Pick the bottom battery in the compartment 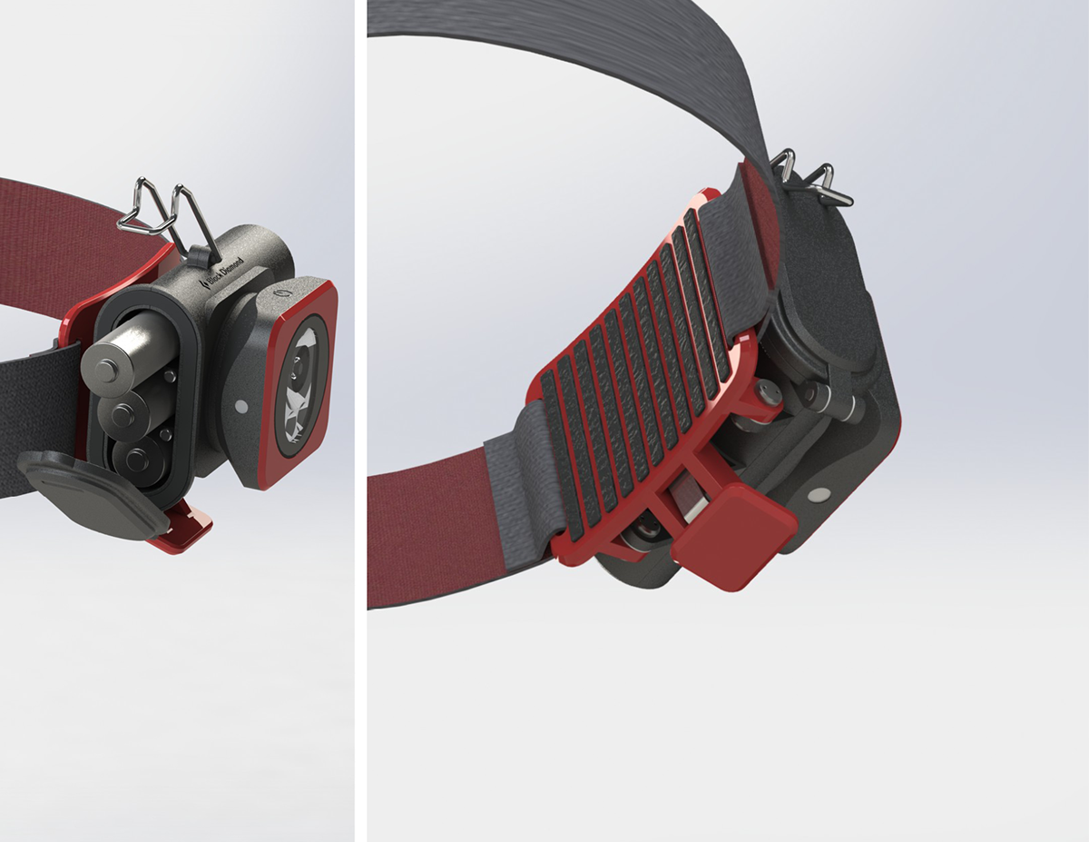coord(138,456)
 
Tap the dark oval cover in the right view coord(821,291)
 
